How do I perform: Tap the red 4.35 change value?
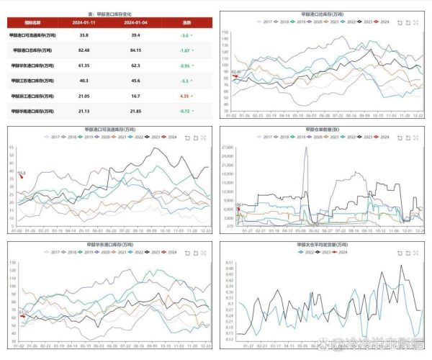point(184,96)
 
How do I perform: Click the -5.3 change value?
point(184,81)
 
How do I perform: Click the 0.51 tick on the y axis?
point(229,263)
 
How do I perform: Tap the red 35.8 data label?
point(21,174)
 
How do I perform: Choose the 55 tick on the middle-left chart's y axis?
point(12,148)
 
